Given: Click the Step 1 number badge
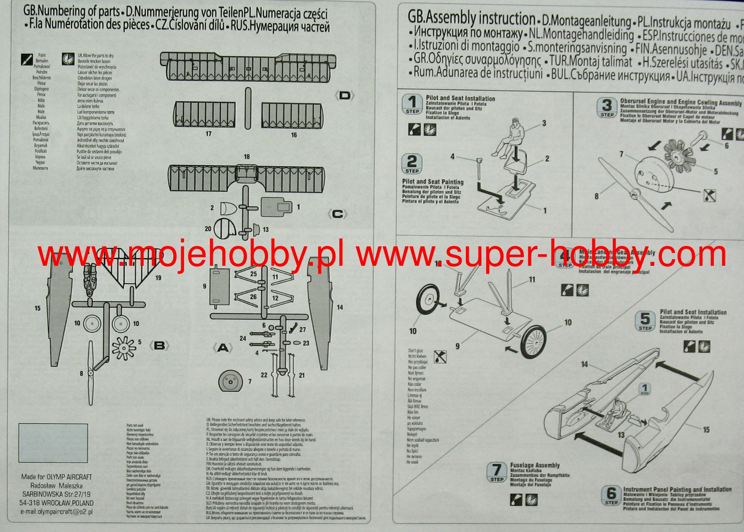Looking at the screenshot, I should coord(412,104).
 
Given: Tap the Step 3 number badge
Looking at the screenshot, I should coord(607,108).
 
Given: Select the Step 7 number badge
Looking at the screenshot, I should coord(497,472).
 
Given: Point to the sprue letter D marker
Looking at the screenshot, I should coord(344,96).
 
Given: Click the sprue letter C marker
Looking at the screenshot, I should coord(337,214).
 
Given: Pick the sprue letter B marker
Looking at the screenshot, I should coord(159,346).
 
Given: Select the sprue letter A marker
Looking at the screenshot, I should coord(223,348).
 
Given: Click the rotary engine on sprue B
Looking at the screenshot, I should coord(124,348).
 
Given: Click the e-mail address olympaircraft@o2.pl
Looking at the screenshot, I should coord(57,512).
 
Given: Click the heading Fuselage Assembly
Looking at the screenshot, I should coord(535,465).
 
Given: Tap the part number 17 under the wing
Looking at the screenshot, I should coord(209,134).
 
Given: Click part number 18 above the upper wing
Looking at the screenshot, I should coord(247,157).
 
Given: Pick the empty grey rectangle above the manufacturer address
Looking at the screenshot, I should coord(53,443).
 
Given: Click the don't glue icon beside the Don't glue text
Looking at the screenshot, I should coord(440,356).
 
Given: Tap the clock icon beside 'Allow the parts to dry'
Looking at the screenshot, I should coord(68,59).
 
